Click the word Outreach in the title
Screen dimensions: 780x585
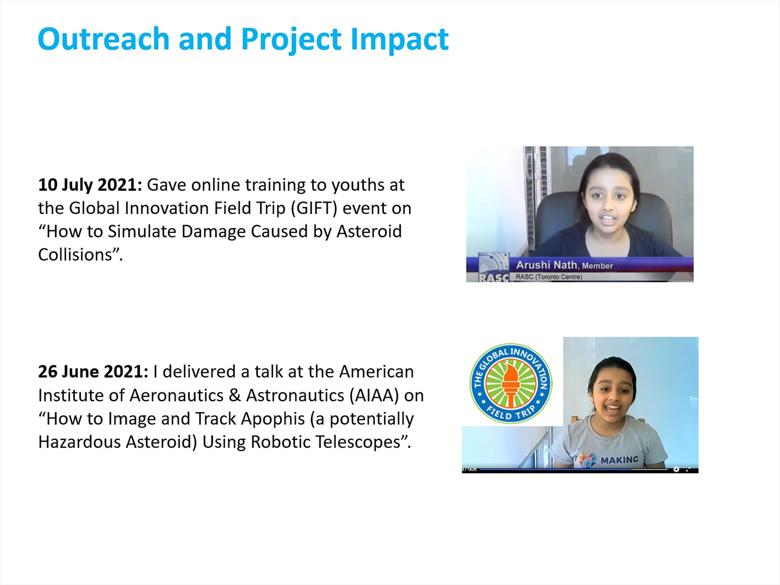103,39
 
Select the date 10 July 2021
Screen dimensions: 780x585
90,185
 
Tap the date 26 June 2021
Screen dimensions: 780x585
93,371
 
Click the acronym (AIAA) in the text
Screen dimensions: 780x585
374,396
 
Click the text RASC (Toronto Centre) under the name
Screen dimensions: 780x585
548,277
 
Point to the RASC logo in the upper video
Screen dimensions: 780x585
493,267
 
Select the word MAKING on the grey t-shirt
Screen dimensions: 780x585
620,460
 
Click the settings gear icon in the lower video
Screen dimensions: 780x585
676,469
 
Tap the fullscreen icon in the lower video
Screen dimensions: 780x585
688,469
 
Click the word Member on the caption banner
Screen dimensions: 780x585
597,266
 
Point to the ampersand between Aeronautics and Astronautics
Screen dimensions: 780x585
234,396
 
